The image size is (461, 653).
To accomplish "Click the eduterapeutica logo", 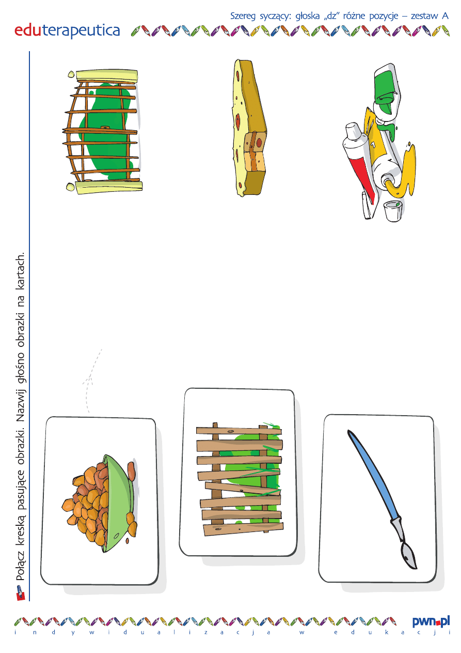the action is coord(67,31).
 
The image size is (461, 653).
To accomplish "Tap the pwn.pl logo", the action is coord(431,622).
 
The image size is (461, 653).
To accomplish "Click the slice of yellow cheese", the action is coord(250,128).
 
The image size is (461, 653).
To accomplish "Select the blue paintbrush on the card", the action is coord(383,499).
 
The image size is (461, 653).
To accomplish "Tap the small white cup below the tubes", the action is coord(393,211).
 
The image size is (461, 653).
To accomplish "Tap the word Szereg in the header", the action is coord(243,17).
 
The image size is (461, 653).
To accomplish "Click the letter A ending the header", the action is coord(445,16).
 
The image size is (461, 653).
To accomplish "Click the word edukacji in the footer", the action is coord(392,632).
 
